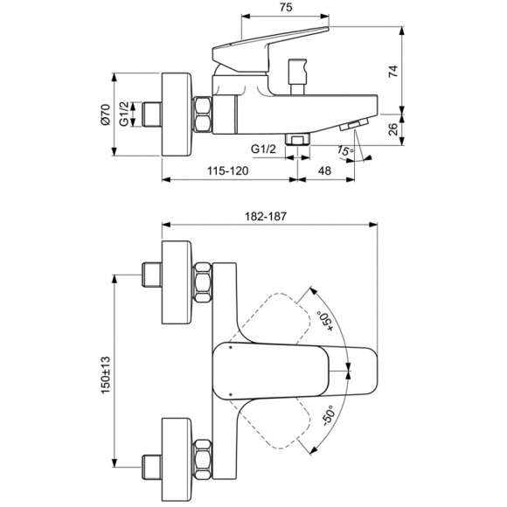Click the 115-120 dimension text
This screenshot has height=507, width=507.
pos(226,171)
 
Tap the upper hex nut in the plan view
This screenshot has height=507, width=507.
pos(202,281)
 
